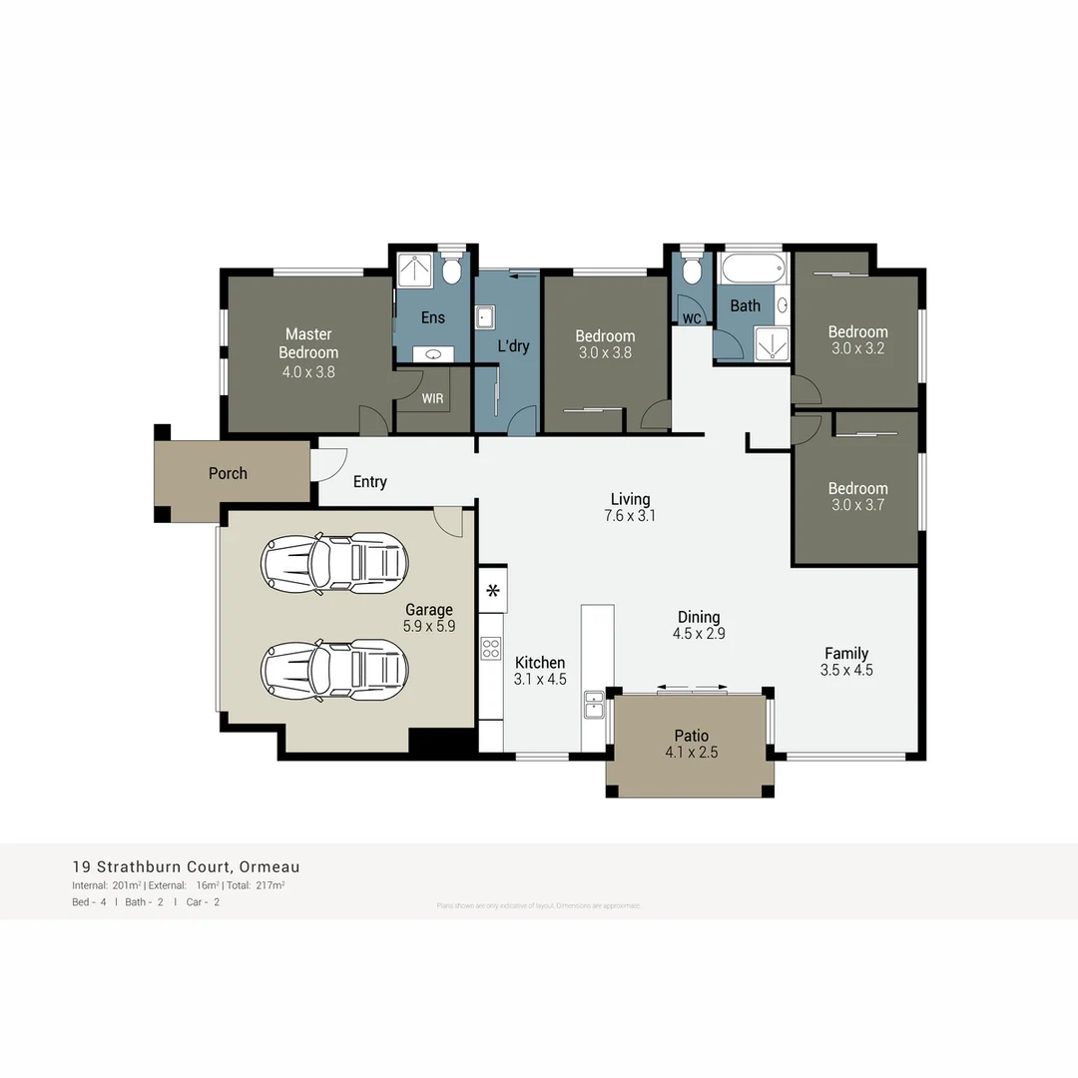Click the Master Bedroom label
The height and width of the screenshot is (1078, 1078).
(308, 343)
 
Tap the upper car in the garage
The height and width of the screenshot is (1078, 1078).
(334, 563)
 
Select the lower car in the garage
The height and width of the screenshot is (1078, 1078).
(334, 670)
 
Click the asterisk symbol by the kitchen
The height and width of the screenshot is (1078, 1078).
(492, 591)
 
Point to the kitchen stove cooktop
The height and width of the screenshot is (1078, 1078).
(490, 649)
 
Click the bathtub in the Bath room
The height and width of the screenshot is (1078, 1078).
(754, 269)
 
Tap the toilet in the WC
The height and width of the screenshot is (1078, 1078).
(691, 272)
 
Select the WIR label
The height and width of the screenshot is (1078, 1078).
(433, 398)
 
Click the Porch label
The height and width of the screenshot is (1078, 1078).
(228, 473)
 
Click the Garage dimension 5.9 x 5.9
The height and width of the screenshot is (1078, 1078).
(429, 627)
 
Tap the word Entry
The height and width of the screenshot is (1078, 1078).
(369, 482)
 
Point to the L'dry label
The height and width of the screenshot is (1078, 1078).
(513, 346)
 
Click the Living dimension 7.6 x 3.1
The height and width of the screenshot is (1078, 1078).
(630, 516)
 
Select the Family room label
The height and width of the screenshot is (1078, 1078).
(845, 654)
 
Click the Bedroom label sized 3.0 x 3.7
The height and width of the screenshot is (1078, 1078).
(857, 488)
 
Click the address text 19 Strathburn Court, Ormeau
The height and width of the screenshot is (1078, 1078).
(186, 866)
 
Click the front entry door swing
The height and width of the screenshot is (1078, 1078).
(329, 463)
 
